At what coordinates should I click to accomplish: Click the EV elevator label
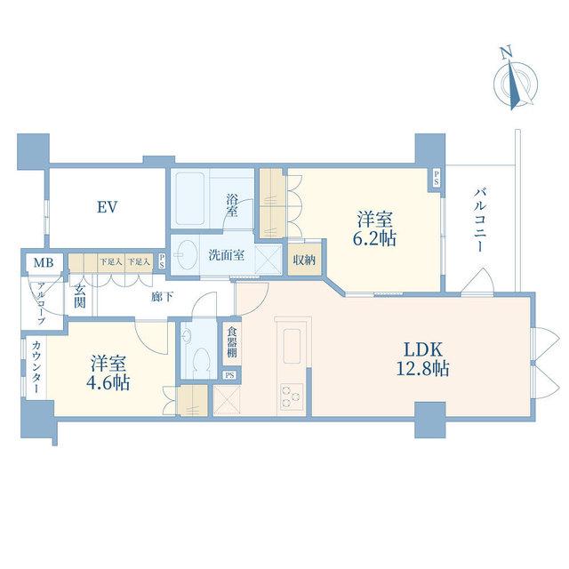[x=107, y=207]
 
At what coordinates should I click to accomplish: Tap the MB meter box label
[x=44, y=263]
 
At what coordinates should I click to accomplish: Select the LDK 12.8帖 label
[x=423, y=359]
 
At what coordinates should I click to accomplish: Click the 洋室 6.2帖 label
[x=375, y=229]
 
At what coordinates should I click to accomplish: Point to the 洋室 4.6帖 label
[x=108, y=373]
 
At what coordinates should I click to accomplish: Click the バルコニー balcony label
[x=480, y=220]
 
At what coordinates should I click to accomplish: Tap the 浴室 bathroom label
[x=232, y=205]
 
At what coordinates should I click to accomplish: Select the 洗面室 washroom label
[x=227, y=255]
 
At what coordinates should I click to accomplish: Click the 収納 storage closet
[x=304, y=260]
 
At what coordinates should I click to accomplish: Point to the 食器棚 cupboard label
[x=232, y=342]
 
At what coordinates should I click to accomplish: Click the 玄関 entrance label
[x=80, y=296]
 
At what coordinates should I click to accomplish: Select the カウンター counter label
[x=36, y=367]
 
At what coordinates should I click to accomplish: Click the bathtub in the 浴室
[x=189, y=198]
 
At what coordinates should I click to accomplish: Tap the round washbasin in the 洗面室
[x=186, y=255]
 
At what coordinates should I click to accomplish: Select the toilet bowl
[x=202, y=359]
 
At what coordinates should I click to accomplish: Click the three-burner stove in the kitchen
[x=292, y=397]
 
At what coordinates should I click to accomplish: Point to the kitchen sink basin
[x=292, y=346]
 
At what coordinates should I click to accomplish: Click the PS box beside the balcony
[x=436, y=179]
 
